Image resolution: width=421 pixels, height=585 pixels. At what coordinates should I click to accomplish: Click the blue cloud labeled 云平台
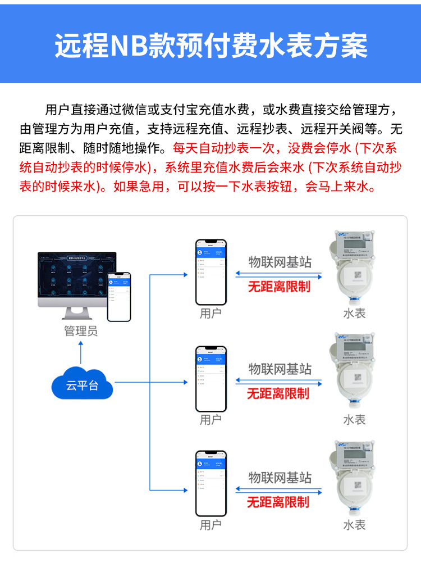click(82, 385)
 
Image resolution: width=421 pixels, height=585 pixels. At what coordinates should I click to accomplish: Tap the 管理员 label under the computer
click(80, 331)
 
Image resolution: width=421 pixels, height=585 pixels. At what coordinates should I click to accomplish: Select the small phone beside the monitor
click(118, 296)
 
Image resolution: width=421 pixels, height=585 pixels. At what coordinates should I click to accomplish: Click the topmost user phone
click(210, 273)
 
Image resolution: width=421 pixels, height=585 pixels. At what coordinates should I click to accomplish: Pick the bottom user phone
click(210, 483)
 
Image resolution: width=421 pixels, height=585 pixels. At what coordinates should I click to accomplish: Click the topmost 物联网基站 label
click(280, 262)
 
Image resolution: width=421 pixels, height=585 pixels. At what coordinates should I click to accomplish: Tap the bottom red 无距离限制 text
click(278, 501)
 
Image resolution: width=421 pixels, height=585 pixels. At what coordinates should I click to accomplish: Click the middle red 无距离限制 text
click(278, 393)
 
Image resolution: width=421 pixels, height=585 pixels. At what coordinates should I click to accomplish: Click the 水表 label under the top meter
click(354, 313)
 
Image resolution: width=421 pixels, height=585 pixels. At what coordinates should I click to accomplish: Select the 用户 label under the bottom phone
click(210, 525)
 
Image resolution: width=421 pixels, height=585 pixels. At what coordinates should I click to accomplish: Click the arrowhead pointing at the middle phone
click(185, 382)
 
